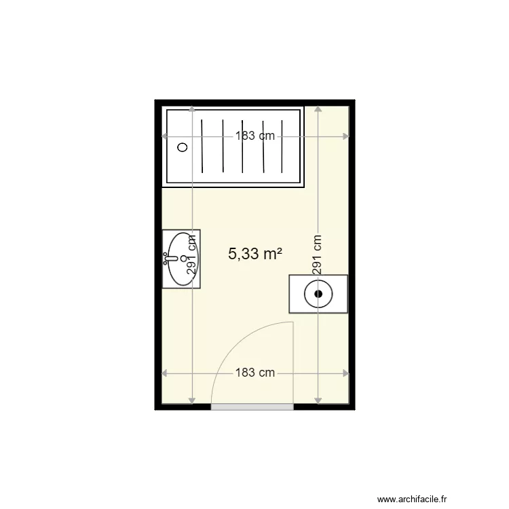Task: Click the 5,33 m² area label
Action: point(255,254)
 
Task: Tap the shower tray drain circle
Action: point(183,147)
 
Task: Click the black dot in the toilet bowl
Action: point(318,294)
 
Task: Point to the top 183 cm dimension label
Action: point(255,136)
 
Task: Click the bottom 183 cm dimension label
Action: point(255,373)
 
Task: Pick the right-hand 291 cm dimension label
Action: point(317,255)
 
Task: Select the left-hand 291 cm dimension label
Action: point(191,255)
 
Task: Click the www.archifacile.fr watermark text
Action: point(412,499)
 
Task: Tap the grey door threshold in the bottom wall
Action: point(252,407)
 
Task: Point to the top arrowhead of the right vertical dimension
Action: point(318,109)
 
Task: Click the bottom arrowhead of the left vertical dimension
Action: point(192,401)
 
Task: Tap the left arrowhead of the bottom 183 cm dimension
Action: point(165,373)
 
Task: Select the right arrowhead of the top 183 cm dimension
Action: point(345,136)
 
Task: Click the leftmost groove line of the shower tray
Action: point(202,147)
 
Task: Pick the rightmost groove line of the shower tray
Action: point(282,147)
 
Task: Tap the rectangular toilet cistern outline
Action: point(318,294)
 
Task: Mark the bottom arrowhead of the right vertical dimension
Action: point(318,401)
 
